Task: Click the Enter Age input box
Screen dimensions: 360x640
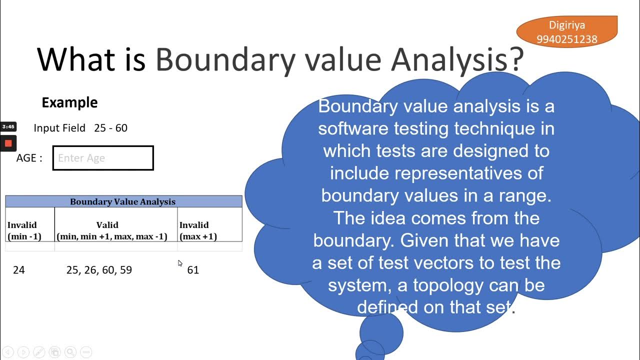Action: [x=103, y=158]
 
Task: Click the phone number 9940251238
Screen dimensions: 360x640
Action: [x=566, y=39]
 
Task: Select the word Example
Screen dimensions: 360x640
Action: [x=69, y=102]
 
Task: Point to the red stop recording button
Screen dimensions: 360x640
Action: [x=8, y=143]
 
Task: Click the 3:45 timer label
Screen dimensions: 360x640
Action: [x=8, y=127]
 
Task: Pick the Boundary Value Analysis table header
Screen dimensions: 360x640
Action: [x=123, y=201]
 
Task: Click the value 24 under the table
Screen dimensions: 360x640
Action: [x=19, y=270]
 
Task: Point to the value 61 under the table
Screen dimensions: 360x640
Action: [x=193, y=270]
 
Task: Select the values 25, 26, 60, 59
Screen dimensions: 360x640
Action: [x=99, y=270]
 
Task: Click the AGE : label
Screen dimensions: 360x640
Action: [x=29, y=158]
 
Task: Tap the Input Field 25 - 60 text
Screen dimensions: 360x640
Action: [x=80, y=128]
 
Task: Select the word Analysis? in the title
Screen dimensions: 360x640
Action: [x=457, y=59]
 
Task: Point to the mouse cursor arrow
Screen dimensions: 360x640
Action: [x=180, y=263]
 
